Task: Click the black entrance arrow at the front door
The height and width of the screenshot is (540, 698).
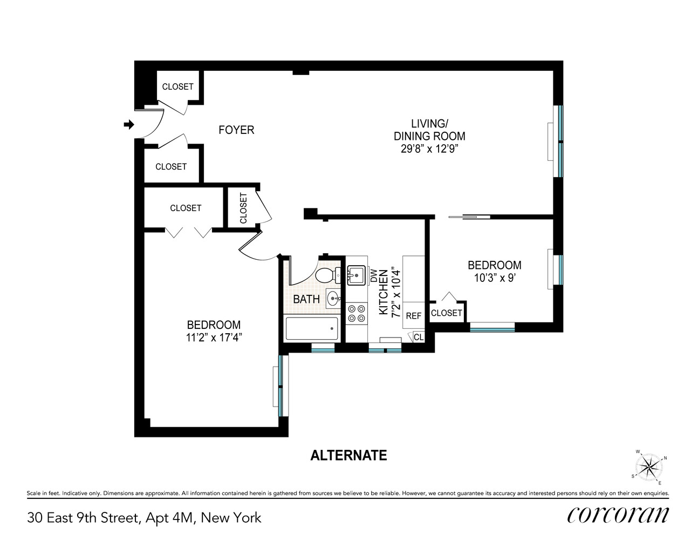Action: tap(129, 125)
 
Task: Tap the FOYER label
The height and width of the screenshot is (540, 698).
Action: tap(236, 130)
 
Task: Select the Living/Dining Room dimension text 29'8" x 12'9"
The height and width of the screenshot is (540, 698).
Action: tap(429, 149)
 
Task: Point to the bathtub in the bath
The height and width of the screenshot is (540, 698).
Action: tap(312, 328)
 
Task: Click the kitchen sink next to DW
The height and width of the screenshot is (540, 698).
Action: tap(356, 275)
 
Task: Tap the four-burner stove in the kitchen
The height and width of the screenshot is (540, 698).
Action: tap(356, 313)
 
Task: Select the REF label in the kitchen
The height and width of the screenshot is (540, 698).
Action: tap(413, 316)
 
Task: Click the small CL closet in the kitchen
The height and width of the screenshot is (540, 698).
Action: tap(419, 337)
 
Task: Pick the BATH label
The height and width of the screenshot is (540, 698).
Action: tap(306, 299)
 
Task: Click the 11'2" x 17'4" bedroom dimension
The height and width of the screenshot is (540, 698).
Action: tap(214, 338)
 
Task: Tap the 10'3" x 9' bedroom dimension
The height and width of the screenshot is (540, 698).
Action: tap(494, 278)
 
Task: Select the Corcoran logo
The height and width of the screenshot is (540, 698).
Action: tap(618, 515)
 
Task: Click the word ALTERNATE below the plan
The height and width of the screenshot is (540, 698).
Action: tap(348, 456)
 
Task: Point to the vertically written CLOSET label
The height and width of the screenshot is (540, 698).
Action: tap(243, 208)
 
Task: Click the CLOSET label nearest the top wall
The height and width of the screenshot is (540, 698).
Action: tap(177, 86)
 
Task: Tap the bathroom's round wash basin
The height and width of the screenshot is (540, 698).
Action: tap(334, 297)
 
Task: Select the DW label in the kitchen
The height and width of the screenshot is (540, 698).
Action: tap(373, 275)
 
